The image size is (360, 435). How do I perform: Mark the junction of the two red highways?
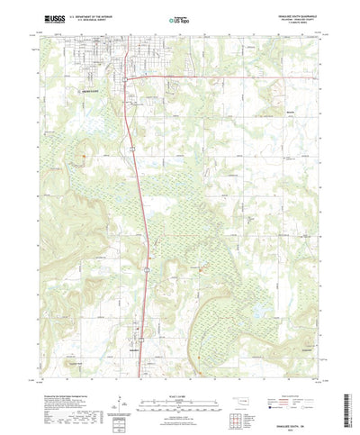point(127,77)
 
